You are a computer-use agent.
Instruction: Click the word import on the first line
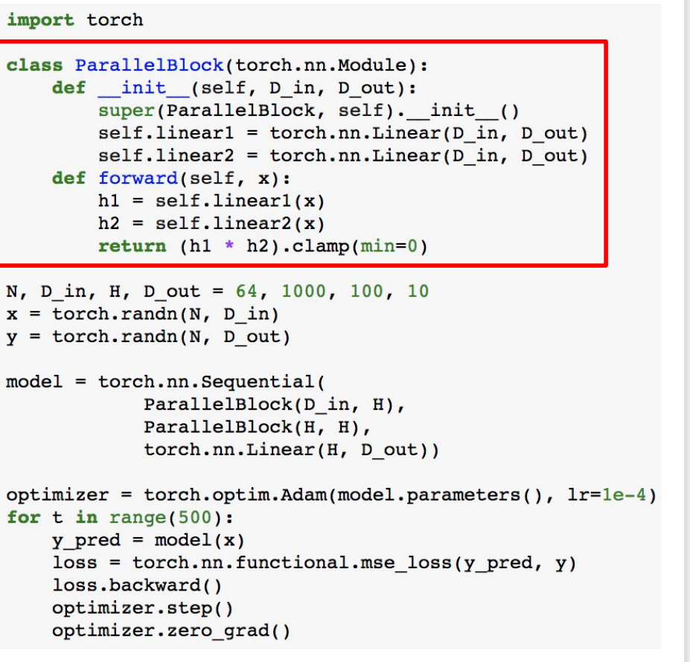(x=40, y=20)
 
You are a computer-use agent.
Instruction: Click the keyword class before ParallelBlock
(x=34, y=65)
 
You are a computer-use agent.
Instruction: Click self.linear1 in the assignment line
(x=171, y=133)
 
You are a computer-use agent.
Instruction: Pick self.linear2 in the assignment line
(x=171, y=156)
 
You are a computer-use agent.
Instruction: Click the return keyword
(x=132, y=246)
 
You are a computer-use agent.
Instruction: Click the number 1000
(x=304, y=292)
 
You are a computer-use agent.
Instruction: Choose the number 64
(x=246, y=292)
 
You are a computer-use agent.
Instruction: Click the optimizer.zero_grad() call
(x=171, y=632)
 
